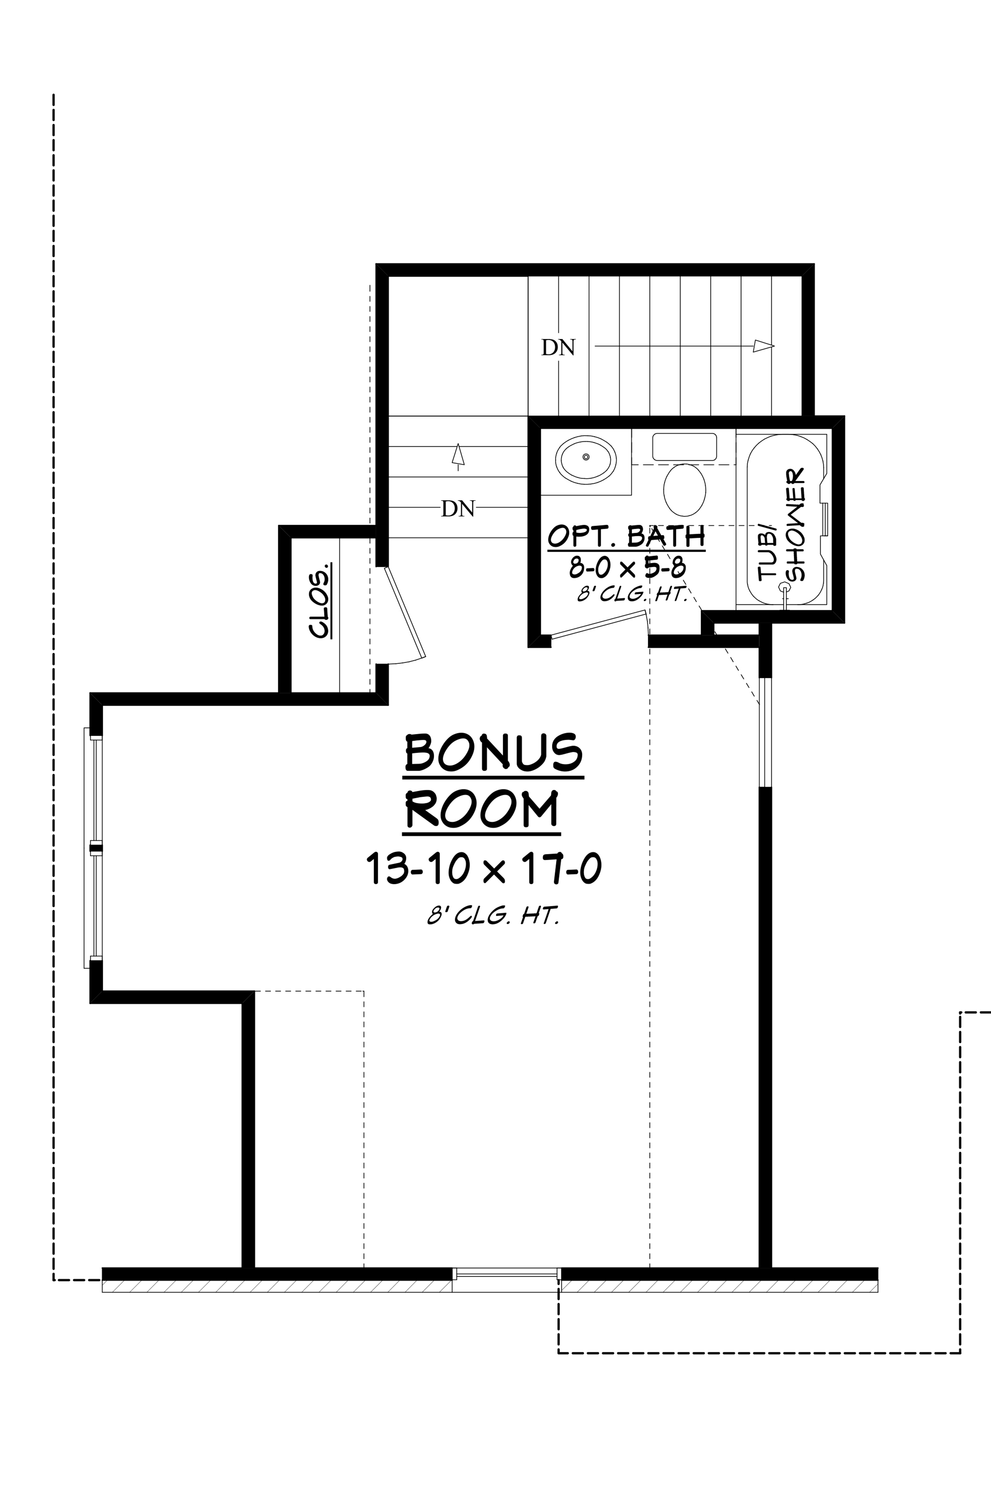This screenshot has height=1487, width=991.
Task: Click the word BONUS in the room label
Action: (493, 753)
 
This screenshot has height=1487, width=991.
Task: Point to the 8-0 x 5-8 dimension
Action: (628, 568)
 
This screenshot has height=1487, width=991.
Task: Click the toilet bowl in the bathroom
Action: (684, 489)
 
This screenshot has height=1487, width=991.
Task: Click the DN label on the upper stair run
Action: (558, 348)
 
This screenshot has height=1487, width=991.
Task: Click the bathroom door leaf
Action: (598, 625)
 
